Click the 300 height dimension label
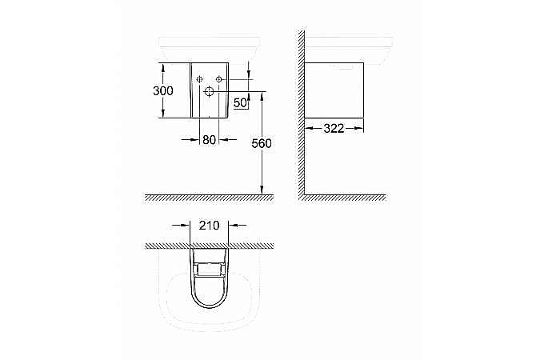pyautogui.click(x=162, y=91)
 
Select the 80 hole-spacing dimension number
pyautogui.click(x=209, y=139)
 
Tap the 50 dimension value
pyautogui.click(x=240, y=102)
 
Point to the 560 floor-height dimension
pyautogui.click(x=261, y=144)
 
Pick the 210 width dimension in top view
pyautogui.click(x=210, y=226)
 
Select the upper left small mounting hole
pyautogui.click(x=197, y=78)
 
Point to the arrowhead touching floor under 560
pyautogui.click(x=262, y=190)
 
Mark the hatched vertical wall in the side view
pyautogui.click(x=302, y=112)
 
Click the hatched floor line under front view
pyautogui.click(x=208, y=197)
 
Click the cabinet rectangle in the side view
pyautogui.click(x=336, y=88)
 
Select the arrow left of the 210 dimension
pyautogui.click(x=186, y=226)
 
